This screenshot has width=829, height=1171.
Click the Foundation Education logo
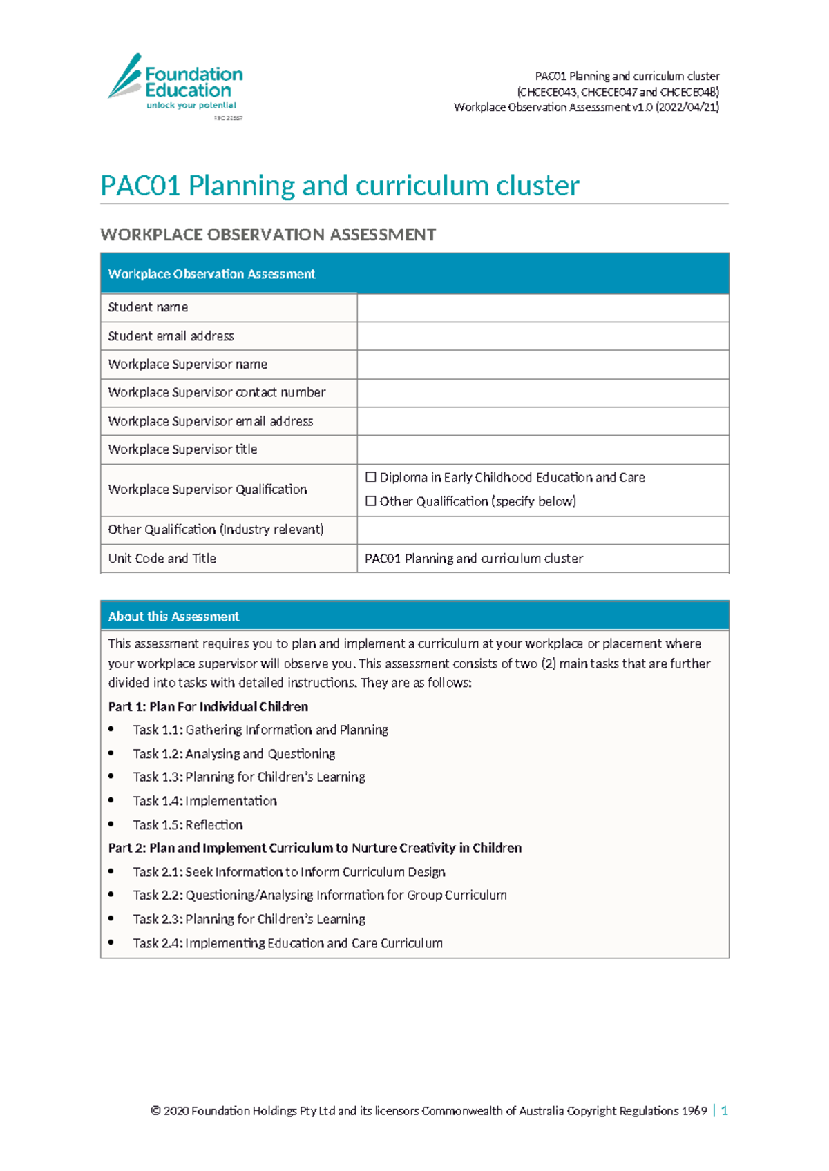175,83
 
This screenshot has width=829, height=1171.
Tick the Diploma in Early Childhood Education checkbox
371,477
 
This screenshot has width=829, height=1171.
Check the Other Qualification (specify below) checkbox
371,501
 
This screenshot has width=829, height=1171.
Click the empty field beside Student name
542,307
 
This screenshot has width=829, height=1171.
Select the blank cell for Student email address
542,336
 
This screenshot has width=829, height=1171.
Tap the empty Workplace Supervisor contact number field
542,393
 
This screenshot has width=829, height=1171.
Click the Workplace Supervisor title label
182,449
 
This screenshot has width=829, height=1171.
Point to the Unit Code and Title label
162,559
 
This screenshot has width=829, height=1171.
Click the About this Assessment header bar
414,616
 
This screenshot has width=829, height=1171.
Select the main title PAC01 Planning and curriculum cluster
339,186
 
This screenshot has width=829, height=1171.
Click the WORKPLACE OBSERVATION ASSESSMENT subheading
268,235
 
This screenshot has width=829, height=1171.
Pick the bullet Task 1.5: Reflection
188,825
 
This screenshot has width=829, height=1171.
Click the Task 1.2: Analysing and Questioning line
234,754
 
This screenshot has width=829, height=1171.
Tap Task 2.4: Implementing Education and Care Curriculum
287,943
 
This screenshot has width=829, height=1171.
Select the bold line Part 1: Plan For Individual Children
208,707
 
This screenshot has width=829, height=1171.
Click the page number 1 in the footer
724,1111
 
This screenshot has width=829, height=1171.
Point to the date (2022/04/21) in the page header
687,107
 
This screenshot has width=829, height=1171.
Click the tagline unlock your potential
191,106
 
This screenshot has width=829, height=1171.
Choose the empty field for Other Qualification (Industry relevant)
542,530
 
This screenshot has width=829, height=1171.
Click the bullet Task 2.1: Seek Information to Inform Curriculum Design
289,872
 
